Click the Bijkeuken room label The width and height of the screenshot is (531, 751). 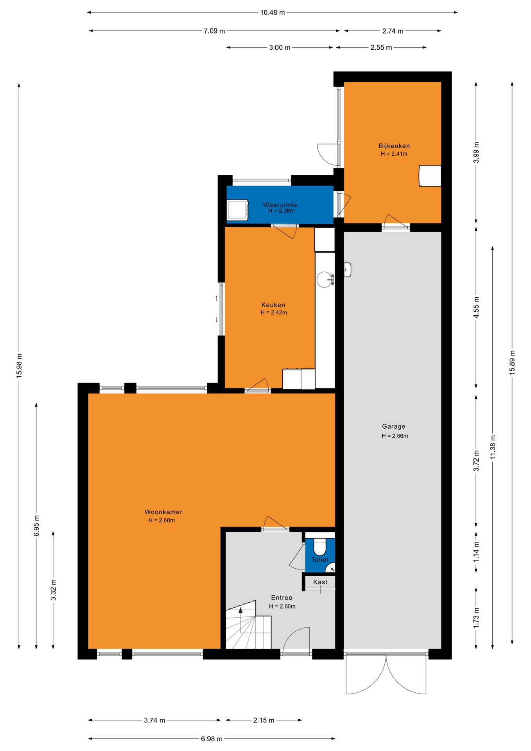pyautogui.click(x=394, y=146)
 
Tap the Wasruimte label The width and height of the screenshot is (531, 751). pyautogui.click(x=280, y=205)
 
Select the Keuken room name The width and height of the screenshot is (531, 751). pyautogui.click(x=273, y=305)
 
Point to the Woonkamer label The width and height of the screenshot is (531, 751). pyautogui.click(x=163, y=512)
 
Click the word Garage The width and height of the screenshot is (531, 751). pyautogui.click(x=393, y=426)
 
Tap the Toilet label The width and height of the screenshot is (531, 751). pyautogui.click(x=320, y=560)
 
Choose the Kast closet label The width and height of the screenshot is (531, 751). pyautogui.click(x=320, y=582)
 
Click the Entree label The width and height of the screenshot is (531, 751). pyautogui.click(x=282, y=598)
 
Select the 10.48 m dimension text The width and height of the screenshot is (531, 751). pyautogui.click(x=273, y=13)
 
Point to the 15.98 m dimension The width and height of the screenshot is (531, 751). pyautogui.click(x=19, y=365)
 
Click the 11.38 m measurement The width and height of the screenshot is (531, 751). pyautogui.click(x=493, y=447)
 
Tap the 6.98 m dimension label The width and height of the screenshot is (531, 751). pyautogui.click(x=212, y=739)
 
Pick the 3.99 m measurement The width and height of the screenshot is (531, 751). pyautogui.click(x=476, y=153)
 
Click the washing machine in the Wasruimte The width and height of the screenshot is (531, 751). pyautogui.click(x=238, y=210)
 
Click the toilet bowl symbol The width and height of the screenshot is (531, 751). pyautogui.click(x=320, y=546)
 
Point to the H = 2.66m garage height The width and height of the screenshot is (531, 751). pyautogui.click(x=395, y=436)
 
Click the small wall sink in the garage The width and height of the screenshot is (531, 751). pyautogui.click(x=348, y=269)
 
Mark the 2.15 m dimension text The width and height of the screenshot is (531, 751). pyautogui.click(x=264, y=720)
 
